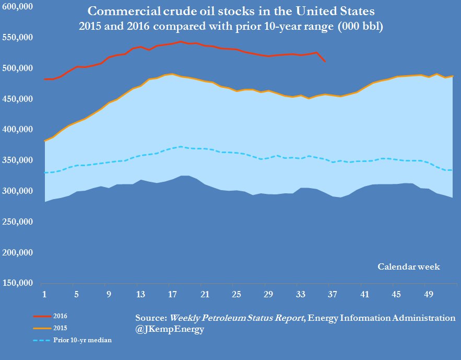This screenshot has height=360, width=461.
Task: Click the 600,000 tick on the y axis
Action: (x=18, y=7)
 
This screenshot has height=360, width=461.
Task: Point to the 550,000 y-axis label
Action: (x=18, y=38)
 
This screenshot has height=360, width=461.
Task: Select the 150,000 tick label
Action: (x=18, y=283)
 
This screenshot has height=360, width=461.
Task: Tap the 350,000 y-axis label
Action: (x=18, y=160)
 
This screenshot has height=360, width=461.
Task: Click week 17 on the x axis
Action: (x=172, y=295)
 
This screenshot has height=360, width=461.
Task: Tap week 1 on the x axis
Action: (x=45, y=295)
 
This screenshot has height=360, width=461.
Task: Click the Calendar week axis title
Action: (x=409, y=267)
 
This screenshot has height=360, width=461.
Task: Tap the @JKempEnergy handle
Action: (x=170, y=330)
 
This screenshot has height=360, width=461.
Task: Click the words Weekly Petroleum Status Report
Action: (x=237, y=318)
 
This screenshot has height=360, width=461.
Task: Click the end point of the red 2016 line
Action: (x=325, y=62)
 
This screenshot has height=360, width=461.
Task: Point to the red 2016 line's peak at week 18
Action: (x=181, y=42)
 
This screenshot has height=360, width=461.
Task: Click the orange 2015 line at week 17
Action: (x=172, y=74)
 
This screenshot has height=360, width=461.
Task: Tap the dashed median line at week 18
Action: (x=181, y=147)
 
